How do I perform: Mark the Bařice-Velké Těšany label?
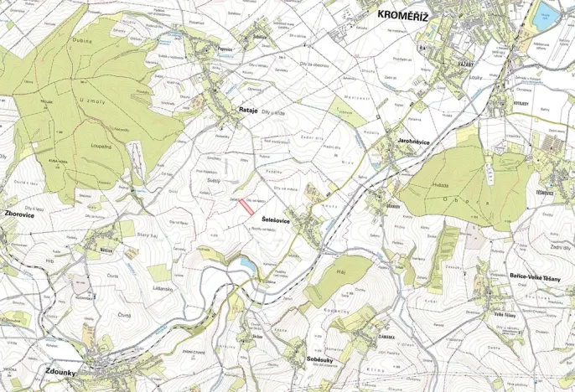(533, 276)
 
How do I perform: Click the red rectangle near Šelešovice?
(246, 207)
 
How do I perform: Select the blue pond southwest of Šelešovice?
(248, 265)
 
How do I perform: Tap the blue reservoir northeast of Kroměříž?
(547, 13)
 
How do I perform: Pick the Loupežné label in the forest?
(101, 144)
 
